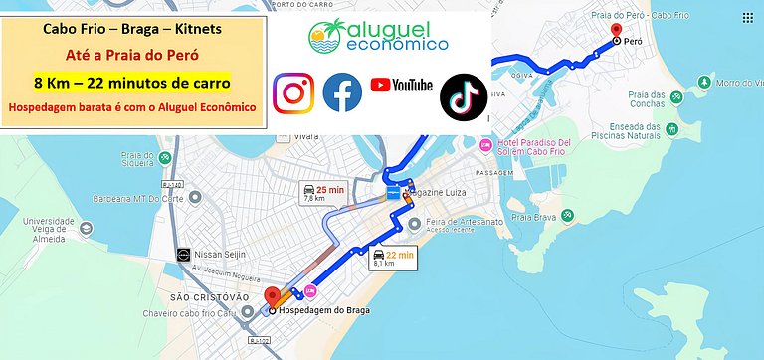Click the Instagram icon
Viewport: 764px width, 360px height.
click(x=293, y=92)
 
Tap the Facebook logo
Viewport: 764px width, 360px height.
click(x=342, y=92)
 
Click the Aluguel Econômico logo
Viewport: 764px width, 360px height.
click(x=378, y=36)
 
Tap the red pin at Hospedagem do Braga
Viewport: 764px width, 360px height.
click(x=272, y=297)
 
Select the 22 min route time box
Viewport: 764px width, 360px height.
click(x=392, y=259)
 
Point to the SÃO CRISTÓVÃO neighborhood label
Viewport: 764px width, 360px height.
click(x=209, y=297)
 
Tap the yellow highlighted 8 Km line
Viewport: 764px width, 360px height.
click(x=131, y=81)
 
